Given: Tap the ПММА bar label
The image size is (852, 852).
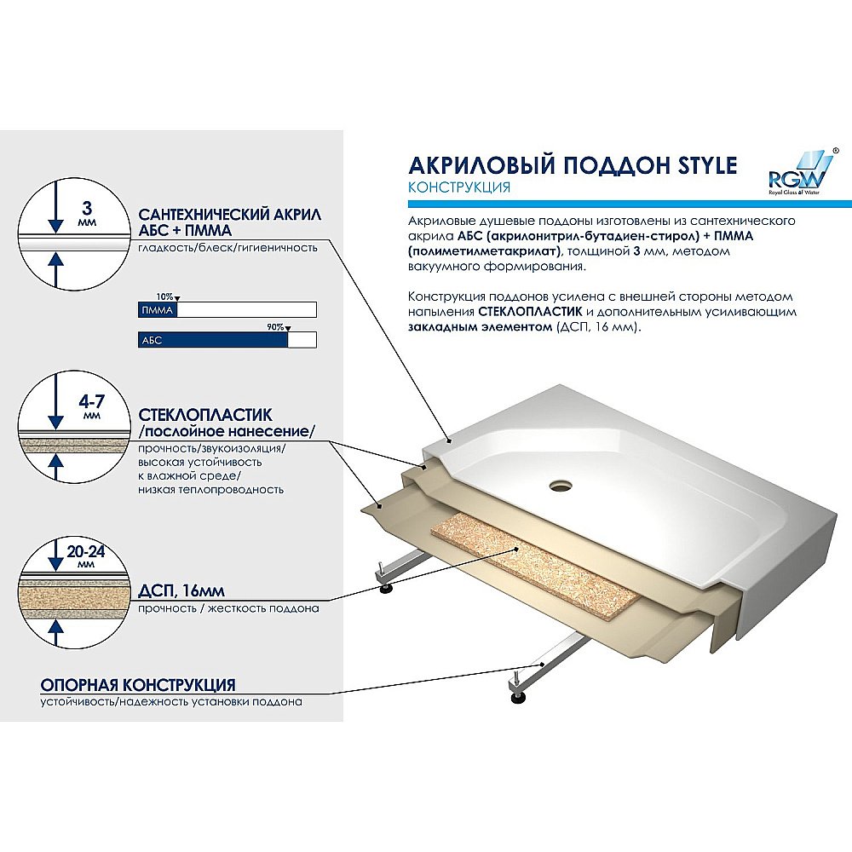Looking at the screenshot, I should pos(157,311).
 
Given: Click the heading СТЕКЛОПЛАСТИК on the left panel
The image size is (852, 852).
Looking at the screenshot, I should pos(205,416).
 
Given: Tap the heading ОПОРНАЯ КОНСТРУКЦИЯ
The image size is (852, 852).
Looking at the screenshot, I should pos(139,685).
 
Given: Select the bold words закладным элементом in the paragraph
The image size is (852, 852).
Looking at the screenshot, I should pos(480,327).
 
